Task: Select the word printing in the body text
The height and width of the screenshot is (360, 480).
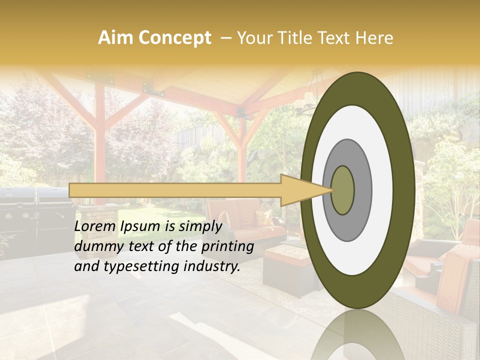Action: tap(229, 246)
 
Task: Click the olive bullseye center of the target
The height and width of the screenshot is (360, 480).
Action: tap(342, 189)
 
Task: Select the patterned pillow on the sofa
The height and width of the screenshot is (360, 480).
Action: tap(264, 218)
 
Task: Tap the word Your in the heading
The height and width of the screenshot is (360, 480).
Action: tap(252, 38)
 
